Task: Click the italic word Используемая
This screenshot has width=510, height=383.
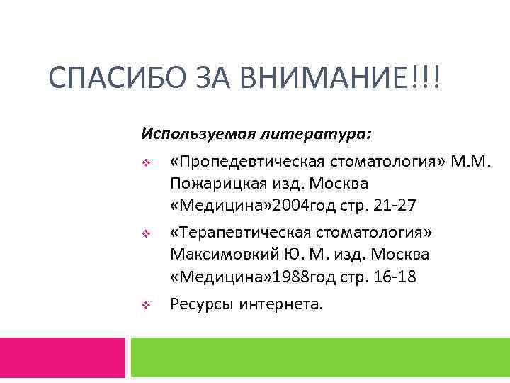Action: tap(186, 133)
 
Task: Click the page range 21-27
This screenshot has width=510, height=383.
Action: tap(391, 206)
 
